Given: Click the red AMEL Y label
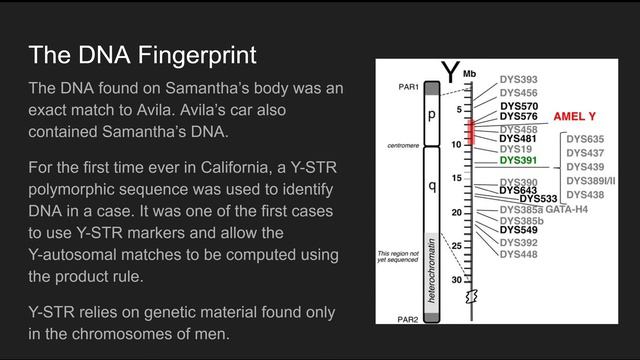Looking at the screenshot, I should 575,117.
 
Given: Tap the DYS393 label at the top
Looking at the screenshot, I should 518,79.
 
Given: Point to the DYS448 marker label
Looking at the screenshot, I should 518,254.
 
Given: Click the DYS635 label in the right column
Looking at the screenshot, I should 585,138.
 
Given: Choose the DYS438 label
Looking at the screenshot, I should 585,194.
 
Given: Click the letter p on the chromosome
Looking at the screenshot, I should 432,115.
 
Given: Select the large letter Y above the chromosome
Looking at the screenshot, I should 450,72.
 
